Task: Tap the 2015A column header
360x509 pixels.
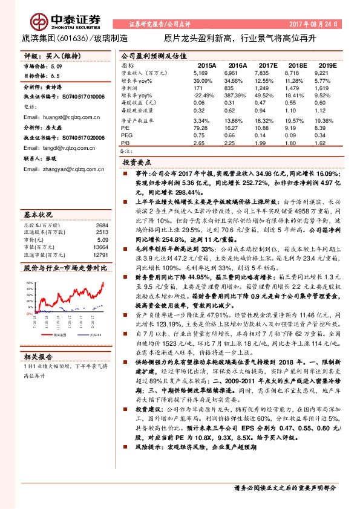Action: point(208,65)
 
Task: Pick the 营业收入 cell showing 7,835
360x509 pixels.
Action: point(267,72)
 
